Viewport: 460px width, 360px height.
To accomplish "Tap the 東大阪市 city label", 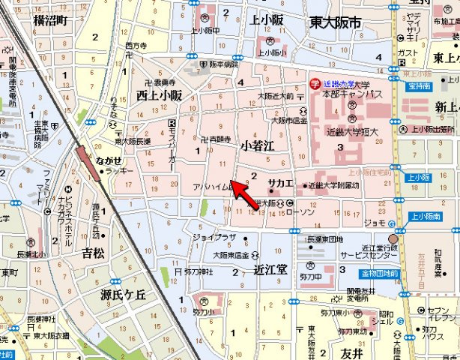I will coord(335,23).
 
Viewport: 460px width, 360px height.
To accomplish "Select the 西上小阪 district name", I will coord(159,95).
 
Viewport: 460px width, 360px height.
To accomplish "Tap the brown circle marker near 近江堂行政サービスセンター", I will coord(393,239).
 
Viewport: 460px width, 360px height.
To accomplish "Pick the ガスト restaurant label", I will coord(408,53).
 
